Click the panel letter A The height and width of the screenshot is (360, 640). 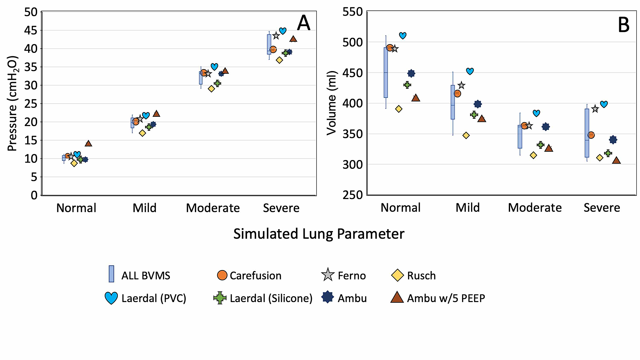(303, 23)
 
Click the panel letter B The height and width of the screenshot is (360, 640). (623, 25)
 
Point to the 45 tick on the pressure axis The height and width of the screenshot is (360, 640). (31, 30)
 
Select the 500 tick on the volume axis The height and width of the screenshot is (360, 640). (352, 42)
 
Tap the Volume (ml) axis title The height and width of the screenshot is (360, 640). (332, 103)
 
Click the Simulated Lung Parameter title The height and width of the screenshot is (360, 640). (319, 234)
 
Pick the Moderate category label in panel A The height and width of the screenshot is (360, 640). (213, 208)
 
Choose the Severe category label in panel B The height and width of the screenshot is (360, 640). (602, 208)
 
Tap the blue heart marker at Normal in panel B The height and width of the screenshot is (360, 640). (403, 36)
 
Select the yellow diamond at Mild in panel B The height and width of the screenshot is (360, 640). (466, 135)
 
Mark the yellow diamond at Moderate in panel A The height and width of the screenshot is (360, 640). (211, 89)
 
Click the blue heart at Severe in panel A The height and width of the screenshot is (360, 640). (283, 31)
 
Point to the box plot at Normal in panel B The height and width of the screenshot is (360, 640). (386, 73)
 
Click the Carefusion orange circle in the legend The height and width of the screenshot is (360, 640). (222, 275)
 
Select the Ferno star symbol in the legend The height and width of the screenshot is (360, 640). (328, 275)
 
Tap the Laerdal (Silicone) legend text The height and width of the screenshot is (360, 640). (271, 298)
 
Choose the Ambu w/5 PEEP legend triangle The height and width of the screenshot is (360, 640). (397, 298)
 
